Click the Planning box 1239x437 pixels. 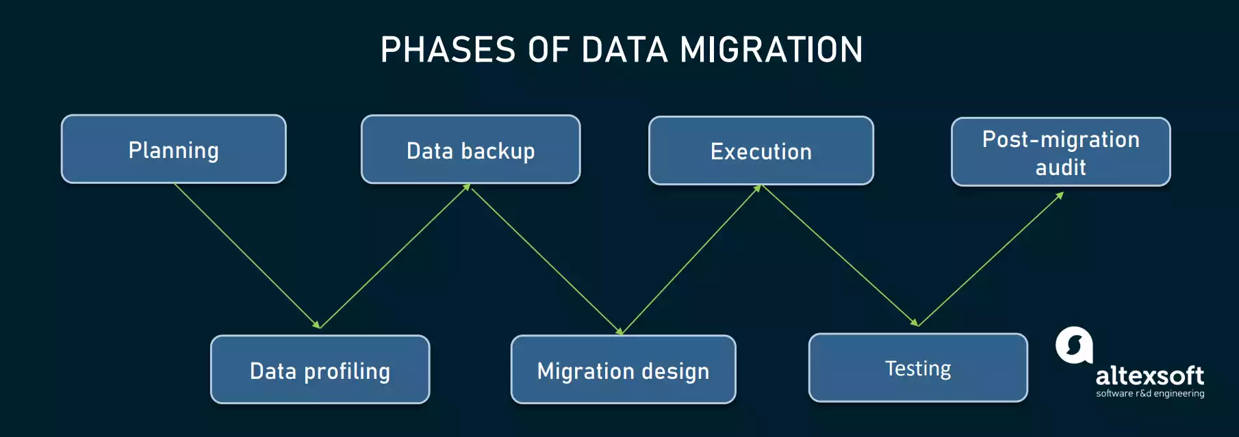pyautogui.click(x=173, y=149)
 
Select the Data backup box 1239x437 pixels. pyautogui.click(x=470, y=150)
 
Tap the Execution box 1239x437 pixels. pyautogui.click(x=761, y=150)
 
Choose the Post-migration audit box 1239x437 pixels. pyautogui.click(x=1060, y=152)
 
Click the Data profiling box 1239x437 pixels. pyautogui.click(x=320, y=370)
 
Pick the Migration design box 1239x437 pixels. pyautogui.click(x=623, y=370)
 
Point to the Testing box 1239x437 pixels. pyautogui.click(x=917, y=368)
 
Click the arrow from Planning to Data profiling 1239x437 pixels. pyautogui.click(x=246, y=255)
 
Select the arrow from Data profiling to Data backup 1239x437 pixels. pyautogui.click(x=394, y=256)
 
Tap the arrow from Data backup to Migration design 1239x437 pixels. pyautogui.click(x=546, y=259)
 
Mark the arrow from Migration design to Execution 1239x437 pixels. pyautogui.click(x=691, y=259)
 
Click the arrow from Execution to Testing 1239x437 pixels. pyautogui.click(x=839, y=255)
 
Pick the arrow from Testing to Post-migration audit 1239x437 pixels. pyautogui.click(x=991, y=259)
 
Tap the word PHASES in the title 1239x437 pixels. pyautogui.click(x=448, y=50)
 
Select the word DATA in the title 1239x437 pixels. pyautogui.click(x=624, y=50)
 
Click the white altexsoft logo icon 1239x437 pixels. pyautogui.click(x=1073, y=345)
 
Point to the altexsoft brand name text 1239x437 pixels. pyautogui.click(x=1149, y=375)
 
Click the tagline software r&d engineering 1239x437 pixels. pyautogui.click(x=1150, y=393)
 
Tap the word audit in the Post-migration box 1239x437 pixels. pyautogui.click(x=1060, y=167)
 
